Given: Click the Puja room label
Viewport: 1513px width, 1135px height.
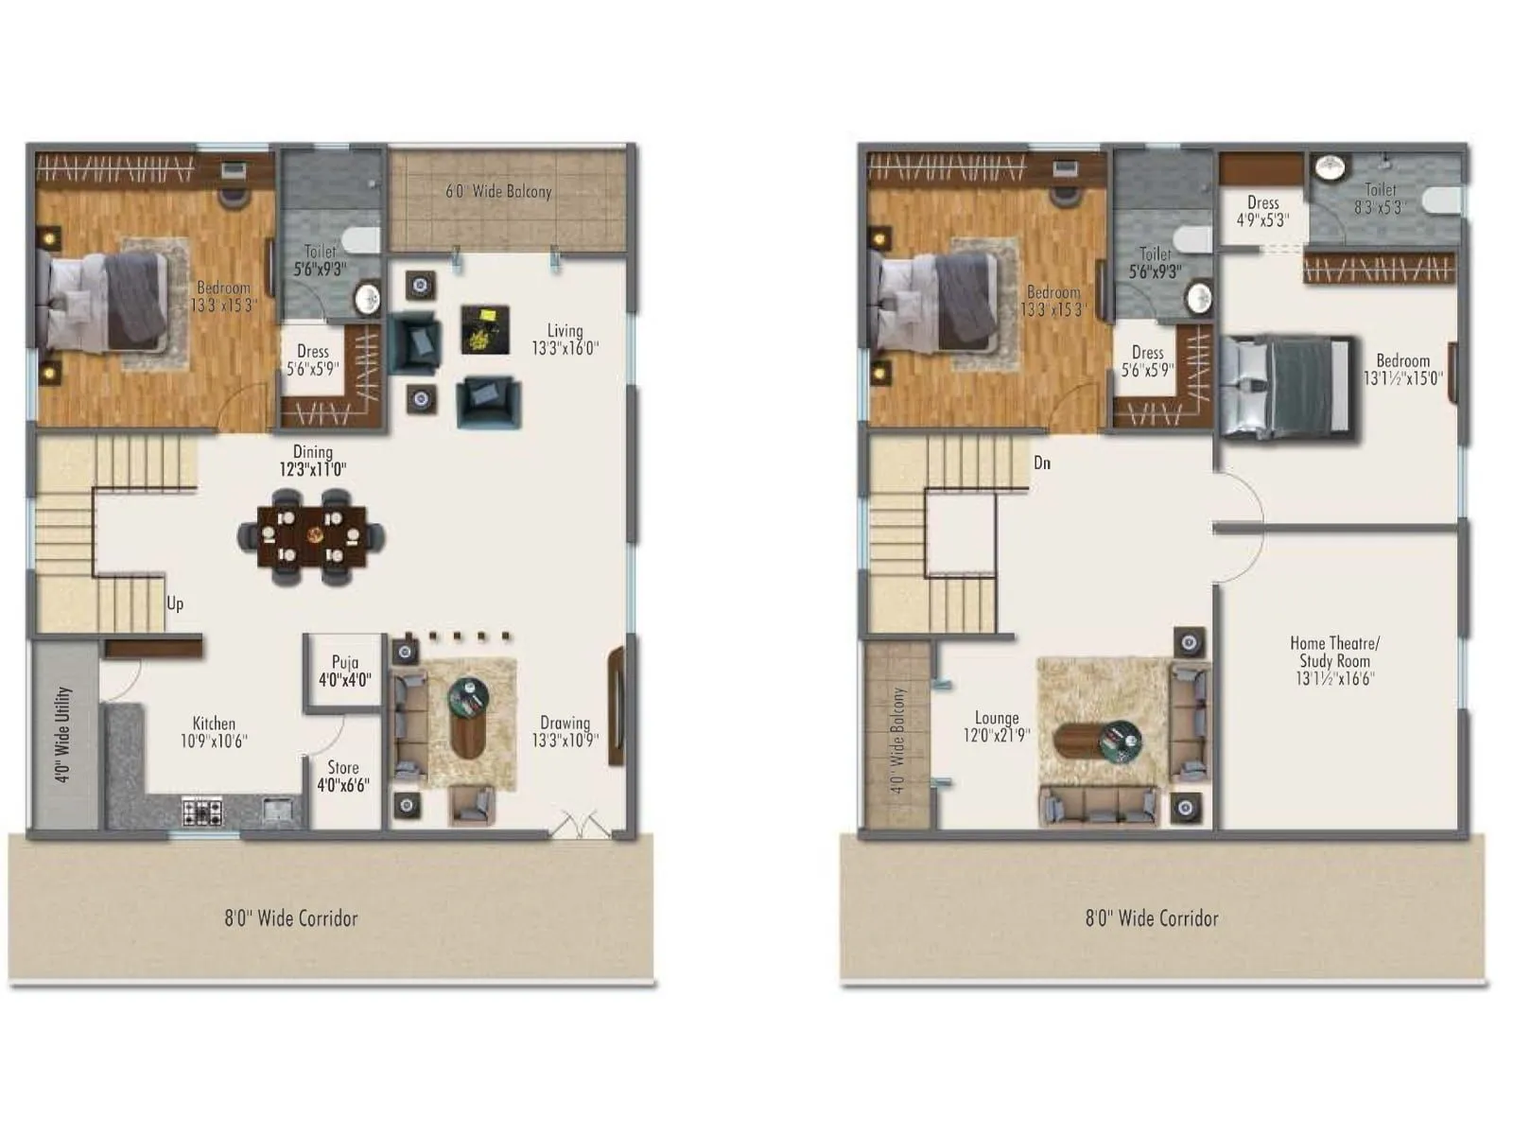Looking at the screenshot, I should click(x=345, y=662).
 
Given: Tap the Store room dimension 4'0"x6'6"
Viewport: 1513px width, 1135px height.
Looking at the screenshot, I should click(x=342, y=785).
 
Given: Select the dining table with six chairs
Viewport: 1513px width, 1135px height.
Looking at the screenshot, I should click(x=311, y=536).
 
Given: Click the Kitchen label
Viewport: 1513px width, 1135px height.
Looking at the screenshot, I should click(x=214, y=724).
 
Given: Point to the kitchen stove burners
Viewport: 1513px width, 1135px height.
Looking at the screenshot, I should click(x=202, y=811).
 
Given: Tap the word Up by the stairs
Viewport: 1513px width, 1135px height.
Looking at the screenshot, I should click(x=175, y=603).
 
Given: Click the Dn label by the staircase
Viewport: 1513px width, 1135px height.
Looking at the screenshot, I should click(x=1041, y=463).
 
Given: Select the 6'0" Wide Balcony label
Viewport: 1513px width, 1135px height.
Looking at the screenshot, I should click(x=498, y=191).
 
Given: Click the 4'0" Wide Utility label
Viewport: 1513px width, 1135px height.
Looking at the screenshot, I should click(x=63, y=734).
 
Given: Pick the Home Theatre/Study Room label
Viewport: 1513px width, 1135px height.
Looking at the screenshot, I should click(x=1334, y=652).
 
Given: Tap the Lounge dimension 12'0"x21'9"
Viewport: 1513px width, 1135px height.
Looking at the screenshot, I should click(x=997, y=735).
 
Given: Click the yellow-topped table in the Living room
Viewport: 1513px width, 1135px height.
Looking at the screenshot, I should click(x=485, y=328).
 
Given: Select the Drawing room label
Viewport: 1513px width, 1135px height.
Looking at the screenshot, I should click(x=565, y=723).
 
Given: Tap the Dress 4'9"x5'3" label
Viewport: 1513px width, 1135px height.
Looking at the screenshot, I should click(x=1262, y=211).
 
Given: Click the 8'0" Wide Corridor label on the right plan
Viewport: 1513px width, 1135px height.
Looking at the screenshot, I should click(x=1152, y=917).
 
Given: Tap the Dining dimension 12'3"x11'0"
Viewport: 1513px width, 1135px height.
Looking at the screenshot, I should click(x=312, y=469).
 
